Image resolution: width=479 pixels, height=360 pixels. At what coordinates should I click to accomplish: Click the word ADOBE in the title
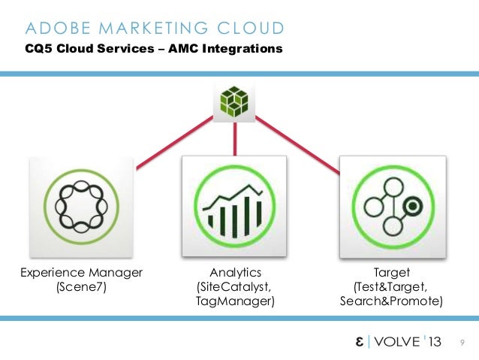tap(54, 29)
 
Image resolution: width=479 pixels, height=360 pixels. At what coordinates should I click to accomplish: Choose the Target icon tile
tap(392, 205)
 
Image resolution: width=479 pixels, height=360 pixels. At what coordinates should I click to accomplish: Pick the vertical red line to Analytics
tap(236, 138)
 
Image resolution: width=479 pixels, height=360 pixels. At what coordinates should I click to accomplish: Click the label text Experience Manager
tap(82, 271)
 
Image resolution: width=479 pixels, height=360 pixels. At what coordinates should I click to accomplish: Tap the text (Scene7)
tap(82, 286)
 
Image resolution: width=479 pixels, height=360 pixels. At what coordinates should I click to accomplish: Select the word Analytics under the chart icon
tap(235, 271)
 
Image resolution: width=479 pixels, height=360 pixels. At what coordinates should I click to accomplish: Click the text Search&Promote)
tap(391, 301)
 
